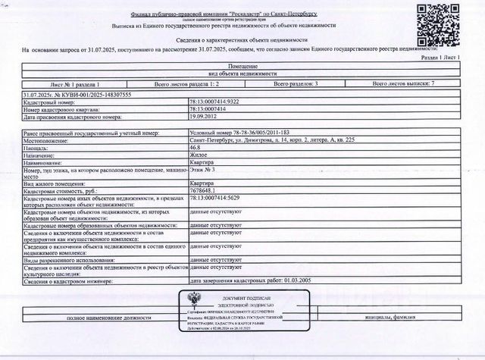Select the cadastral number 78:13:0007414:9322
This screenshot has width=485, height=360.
point(216,102)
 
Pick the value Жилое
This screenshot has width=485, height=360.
point(197,155)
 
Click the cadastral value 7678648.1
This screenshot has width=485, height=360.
point(205,193)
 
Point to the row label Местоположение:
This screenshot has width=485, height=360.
point(46,140)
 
